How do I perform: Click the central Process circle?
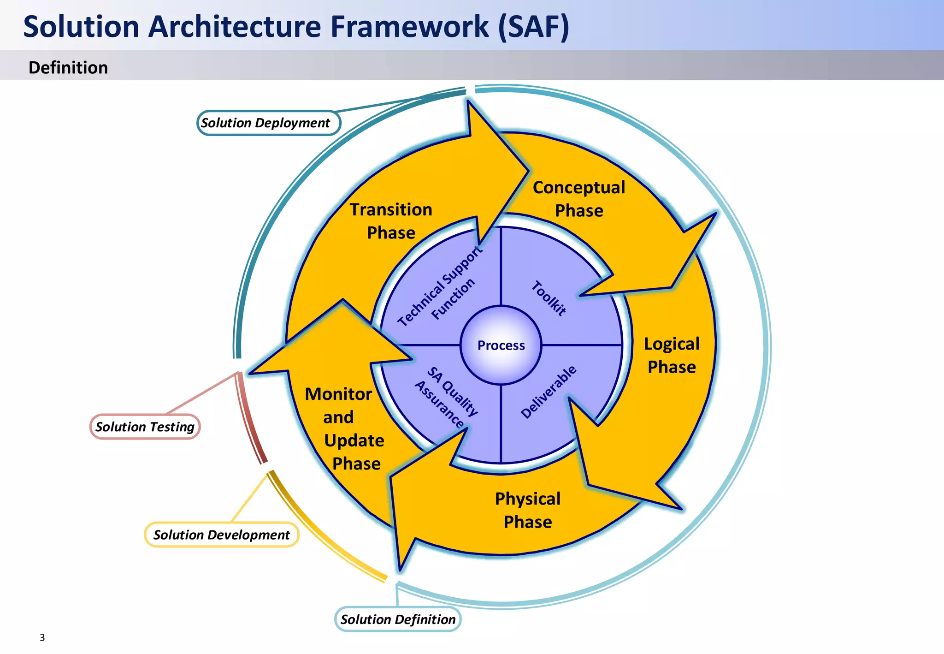501,345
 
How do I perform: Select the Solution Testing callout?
145,427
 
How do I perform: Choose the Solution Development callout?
222,535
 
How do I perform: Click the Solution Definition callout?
398,619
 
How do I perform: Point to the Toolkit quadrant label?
549,298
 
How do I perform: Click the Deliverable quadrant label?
549,392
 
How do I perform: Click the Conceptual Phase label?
579,199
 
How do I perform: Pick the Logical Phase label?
672,355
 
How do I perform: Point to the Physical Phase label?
528,510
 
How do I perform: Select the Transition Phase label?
391,221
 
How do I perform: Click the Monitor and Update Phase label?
346,428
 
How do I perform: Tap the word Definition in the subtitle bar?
68,67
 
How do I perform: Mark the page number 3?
42,637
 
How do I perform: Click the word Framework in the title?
409,26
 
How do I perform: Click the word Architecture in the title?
235,26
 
